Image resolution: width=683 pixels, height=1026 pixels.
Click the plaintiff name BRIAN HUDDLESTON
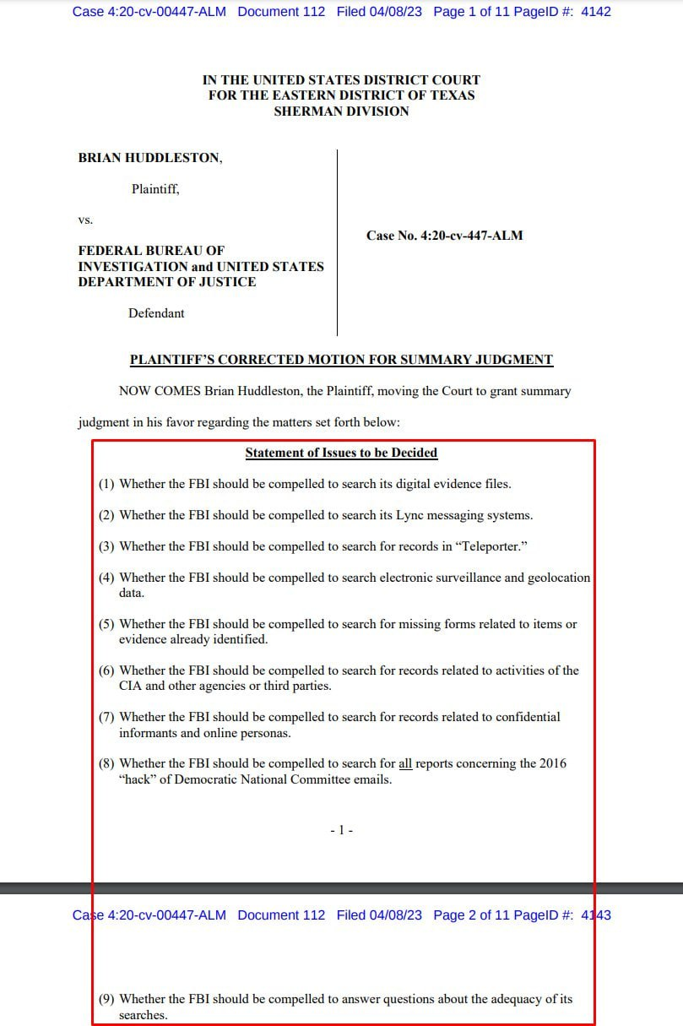tap(150, 158)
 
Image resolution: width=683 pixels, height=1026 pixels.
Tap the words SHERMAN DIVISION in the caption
tap(341, 111)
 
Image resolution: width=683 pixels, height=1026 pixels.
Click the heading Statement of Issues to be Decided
tap(341, 453)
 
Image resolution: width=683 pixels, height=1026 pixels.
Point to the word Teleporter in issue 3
tap(491, 546)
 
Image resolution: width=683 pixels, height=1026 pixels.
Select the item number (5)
tap(106, 624)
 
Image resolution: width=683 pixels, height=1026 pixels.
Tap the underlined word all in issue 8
tap(405, 763)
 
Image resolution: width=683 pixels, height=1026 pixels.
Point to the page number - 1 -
tap(341, 831)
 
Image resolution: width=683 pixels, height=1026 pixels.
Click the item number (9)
tap(106, 999)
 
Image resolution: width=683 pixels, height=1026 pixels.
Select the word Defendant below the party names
tap(156, 313)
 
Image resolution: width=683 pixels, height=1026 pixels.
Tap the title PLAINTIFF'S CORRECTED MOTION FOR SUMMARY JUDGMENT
tap(341, 360)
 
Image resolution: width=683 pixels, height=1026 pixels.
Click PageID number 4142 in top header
tap(596, 12)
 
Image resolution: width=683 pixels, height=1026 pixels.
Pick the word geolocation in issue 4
tap(559, 578)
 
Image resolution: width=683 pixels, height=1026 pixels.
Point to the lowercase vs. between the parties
tap(85, 220)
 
